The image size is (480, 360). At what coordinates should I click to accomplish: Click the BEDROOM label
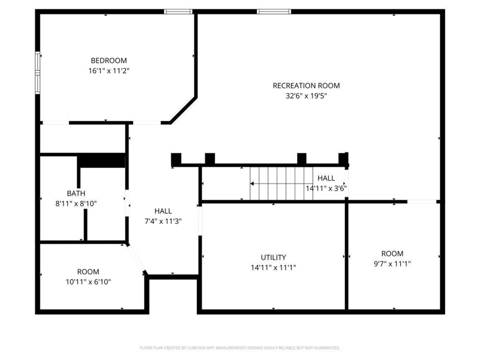coord(109,61)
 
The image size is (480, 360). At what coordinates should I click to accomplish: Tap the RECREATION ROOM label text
coord(306,86)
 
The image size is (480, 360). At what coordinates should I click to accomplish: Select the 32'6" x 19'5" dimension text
coord(306,96)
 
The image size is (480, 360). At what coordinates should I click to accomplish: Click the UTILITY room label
coord(274,257)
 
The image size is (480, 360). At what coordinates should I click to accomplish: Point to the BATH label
coord(76,193)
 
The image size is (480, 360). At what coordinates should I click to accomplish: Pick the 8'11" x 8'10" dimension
coord(76,203)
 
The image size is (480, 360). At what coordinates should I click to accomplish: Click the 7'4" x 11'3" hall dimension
coord(163,221)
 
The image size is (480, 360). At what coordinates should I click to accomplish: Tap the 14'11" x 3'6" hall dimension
coord(326,188)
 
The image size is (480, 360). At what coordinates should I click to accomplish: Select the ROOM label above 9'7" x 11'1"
coord(392,253)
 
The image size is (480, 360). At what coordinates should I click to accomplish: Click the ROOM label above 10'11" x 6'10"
coord(88,272)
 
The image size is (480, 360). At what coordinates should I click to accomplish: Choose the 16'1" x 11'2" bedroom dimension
coord(109,71)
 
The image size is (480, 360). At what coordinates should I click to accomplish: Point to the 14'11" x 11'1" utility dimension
coord(274,268)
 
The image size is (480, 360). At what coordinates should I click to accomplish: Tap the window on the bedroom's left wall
coord(38,73)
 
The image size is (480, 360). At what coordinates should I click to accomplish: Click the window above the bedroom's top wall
coord(178,11)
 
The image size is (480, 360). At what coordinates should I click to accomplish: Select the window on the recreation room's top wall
coord(274,11)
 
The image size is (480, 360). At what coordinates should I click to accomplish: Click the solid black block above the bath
coord(101,161)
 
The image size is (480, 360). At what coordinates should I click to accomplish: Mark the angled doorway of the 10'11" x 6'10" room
coord(136,259)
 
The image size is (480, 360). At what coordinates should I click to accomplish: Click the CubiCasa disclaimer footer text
coord(240,348)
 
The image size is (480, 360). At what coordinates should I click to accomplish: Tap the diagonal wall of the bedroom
coord(184,110)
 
